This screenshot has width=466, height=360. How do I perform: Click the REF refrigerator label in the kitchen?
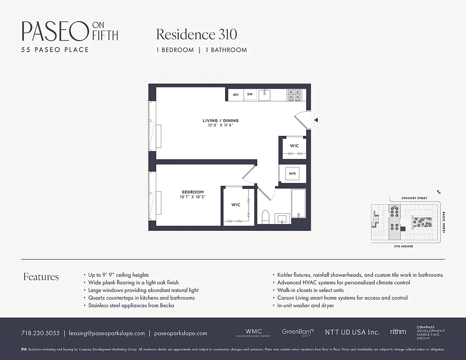point(235,95)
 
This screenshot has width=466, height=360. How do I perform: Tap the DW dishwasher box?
point(249,95)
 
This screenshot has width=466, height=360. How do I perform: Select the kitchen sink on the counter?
point(264,95)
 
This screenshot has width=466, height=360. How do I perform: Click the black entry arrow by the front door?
point(316,120)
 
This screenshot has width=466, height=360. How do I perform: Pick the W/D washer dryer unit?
point(292,174)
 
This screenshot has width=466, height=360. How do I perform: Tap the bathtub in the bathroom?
point(299,203)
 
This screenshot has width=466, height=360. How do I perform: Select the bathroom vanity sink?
point(282,219)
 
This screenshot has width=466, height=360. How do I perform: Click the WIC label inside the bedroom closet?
point(236,205)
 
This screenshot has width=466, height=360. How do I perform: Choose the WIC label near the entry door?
point(294,146)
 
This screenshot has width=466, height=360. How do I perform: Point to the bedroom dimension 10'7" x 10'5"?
point(193,197)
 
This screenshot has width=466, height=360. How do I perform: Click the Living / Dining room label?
point(221,121)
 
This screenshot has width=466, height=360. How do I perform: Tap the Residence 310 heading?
point(196,35)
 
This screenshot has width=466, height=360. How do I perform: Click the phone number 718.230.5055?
point(40,333)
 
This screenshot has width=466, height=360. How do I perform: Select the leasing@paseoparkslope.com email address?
point(107,333)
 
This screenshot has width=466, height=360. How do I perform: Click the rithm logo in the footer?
point(398,332)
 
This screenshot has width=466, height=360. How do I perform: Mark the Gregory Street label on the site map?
point(414,198)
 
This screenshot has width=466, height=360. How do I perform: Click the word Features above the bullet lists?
point(41,277)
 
